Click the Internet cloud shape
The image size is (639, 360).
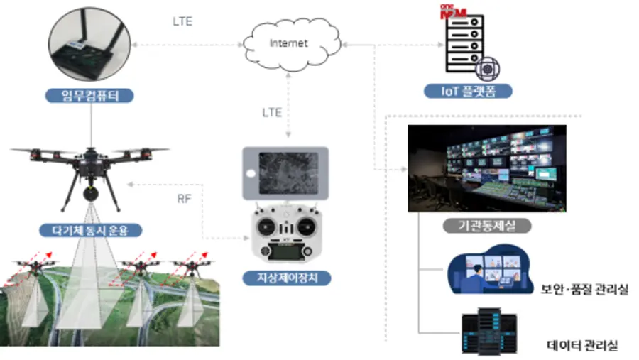(x=288, y=43)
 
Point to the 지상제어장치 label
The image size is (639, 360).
(x=286, y=278)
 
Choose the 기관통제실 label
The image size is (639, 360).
(x=487, y=227)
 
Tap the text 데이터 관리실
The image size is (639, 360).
(x=582, y=345)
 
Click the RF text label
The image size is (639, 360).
(x=184, y=200)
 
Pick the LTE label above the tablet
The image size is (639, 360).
(x=272, y=112)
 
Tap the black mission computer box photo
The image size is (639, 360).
(x=91, y=47)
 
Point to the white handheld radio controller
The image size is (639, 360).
(x=285, y=234)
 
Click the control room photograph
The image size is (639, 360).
(x=486, y=168)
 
